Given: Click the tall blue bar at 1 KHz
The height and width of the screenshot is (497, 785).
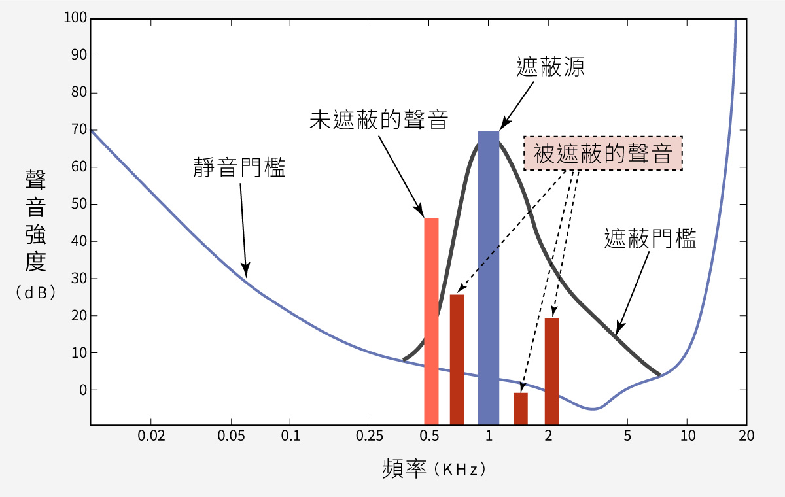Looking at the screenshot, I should coord(489,278).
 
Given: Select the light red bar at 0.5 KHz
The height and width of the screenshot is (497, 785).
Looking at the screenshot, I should coord(431,321).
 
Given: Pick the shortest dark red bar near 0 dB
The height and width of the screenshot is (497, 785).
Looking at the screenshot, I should coord(520,408).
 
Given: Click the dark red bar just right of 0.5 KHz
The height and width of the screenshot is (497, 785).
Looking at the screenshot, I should coord(457,359).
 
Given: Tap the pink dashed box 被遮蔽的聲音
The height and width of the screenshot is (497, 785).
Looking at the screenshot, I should coord(603,154).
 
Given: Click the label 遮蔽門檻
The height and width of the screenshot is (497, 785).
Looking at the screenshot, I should coord(650,239).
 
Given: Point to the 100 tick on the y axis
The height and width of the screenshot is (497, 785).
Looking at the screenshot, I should coord(75,18).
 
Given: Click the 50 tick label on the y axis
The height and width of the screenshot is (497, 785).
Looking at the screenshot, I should coord(79,204).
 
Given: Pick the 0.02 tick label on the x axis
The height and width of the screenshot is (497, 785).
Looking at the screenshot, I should coord(150,436).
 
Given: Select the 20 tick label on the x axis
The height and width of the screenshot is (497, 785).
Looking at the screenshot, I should coord(746,436).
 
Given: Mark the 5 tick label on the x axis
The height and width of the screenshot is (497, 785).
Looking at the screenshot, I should coord(627,436).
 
